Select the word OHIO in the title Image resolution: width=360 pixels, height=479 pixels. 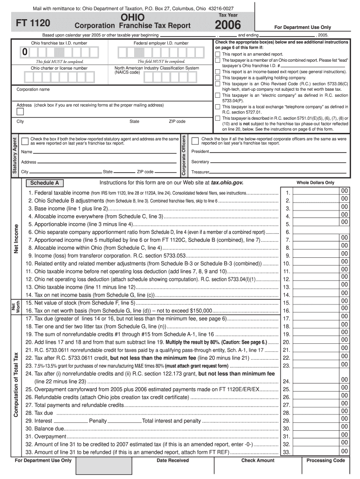pyautogui.click(x=133, y=17)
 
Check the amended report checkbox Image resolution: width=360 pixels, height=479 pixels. pyautogui.click(x=217, y=54)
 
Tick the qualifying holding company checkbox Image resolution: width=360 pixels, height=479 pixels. pyautogui.click(x=217, y=78)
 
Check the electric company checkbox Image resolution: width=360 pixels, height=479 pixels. pyautogui.click(x=217, y=95)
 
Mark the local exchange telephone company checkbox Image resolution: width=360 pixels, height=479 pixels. pyautogui.click(x=217, y=107)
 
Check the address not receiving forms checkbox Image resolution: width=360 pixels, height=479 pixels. pyautogui.click(x=20, y=111)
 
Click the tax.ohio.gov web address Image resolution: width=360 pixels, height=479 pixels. pyautogui.click(x=227, y=182)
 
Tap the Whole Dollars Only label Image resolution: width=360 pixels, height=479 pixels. pyautogui.click(x=315, y=183)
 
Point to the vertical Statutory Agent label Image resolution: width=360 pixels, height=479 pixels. pyautogui.click(x=14, y=156)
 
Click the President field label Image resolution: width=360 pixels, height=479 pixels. pyautogui.click(x=200, y=152)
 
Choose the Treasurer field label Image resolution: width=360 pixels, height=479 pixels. pyautogui.click(x=200, y=172)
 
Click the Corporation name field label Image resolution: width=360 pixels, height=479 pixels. pyautogui.click(x=33, y=89)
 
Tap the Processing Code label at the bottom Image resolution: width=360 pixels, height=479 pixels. pyautogui.click(x=325, y=461)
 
